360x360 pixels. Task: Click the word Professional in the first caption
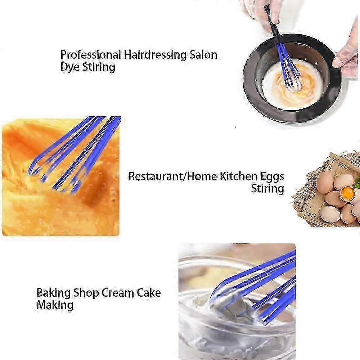click(90, 55)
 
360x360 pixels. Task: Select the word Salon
click(203, 55)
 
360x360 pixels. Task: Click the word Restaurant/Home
click(172, 176)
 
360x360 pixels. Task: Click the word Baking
click(53, 293)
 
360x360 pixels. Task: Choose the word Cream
click(118, 293)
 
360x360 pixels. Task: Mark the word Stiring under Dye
click(99, 67)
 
